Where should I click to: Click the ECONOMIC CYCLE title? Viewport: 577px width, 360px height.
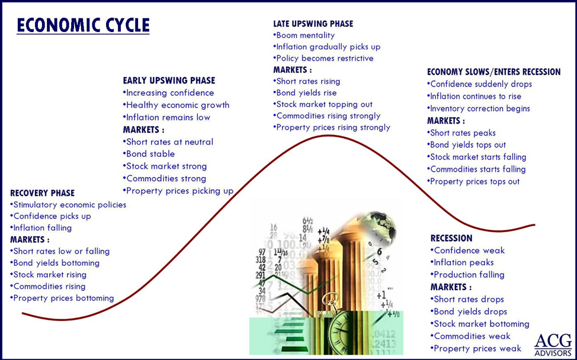click(x=83, y=25)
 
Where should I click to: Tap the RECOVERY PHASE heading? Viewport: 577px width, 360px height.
click(x=43, y=193)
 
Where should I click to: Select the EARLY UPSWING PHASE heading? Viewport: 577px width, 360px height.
click(x=169, y=81)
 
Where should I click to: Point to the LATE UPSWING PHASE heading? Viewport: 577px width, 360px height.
click(x=313, y=24)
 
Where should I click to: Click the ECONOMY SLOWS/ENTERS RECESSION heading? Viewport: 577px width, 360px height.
click(x=493, y=72)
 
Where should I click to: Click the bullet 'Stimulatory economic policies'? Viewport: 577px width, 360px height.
click(x=69, y=205)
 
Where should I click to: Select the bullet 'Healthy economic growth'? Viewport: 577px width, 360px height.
click(x=176, y=105)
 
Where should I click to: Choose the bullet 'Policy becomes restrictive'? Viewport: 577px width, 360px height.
click(x=323, y=58)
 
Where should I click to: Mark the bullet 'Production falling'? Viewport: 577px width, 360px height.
click(x=468, y=275)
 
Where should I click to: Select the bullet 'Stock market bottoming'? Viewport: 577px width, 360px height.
click(x=480, y=324)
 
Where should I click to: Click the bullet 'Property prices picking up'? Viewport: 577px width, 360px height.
click(x=178, y=191)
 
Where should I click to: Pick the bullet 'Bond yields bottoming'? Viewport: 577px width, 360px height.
click(x=55, y=263)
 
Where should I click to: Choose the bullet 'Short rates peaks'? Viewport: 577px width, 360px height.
click(x=461, y=133)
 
